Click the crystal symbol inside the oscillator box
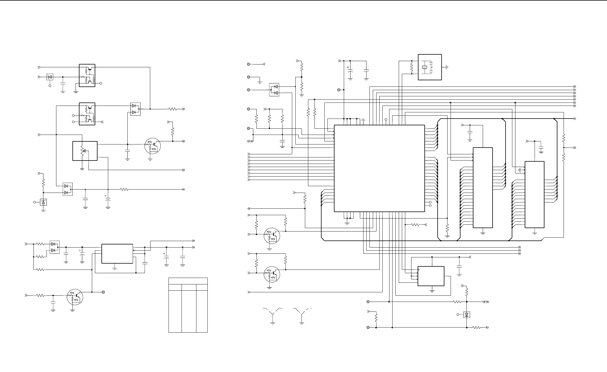pos(425,67)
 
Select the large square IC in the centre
pos(379,168)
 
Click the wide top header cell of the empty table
pos(188,281)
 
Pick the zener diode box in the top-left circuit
pos(50,77)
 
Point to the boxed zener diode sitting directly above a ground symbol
pos(43,202)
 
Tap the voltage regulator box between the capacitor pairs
pos(117,253)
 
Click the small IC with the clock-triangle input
pos(431,276)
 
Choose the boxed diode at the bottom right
pos(467,314)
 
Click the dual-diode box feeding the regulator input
pos(55,247)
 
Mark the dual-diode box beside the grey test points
pos(274,90)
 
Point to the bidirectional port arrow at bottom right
pos(486,302)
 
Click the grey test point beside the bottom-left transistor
pos(103,292)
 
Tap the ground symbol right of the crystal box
pos(447,67)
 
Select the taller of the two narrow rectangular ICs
pos(483,187)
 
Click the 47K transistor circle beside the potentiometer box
pos(152,146)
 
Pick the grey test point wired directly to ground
pos(249,77)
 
